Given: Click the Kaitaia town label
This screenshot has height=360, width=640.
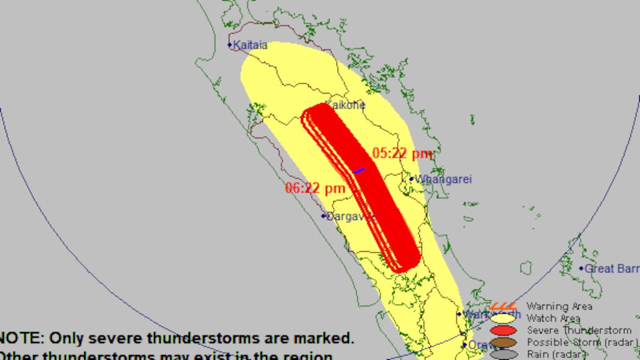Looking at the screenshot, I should pyautogui.click(x=250, y=46).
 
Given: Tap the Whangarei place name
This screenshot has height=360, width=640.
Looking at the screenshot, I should pyautogui.click(x=443, y=180).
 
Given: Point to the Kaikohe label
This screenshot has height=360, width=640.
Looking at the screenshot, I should pyautogui.click(x=345, y=105).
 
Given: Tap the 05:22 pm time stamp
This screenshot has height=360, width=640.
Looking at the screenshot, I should pyautogui.click(x=402, y=154).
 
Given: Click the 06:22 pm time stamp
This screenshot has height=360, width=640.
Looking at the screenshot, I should pyautogui.click(x=315, y=188).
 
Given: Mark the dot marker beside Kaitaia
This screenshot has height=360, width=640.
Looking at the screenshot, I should pyautogui.click(x=230, y=45).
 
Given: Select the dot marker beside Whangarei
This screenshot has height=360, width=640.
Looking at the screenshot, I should pyautogui.click(x=411, y=179).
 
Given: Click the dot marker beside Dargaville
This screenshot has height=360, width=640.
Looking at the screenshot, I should pyautogui.click(x=323, y=216).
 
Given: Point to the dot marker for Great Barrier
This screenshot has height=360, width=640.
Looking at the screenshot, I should pyautogui.click(x=581, y=268).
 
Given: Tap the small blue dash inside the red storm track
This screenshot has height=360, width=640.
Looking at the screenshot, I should pyautogui.click(x=359, y=171).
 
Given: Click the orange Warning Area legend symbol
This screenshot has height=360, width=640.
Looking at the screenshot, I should pyautogui.click(x=503, y=306).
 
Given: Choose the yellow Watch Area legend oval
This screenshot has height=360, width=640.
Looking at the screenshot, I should pyautogui.click(x=503, y=318).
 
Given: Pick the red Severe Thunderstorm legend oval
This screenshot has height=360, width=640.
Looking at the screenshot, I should pyautogui.click(x=503, y=331).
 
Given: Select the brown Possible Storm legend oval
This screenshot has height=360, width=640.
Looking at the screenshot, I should pyautogui.click(x=503, y=342).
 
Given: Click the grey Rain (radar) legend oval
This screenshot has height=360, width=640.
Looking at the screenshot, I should pyautogui.click(x=503, y=354).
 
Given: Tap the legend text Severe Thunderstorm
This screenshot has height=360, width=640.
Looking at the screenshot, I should pyautogui.click(x=579, y=331).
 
